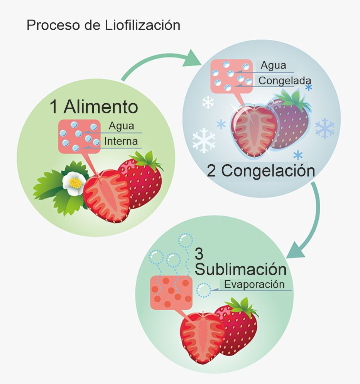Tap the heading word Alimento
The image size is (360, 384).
(x=101, y=106)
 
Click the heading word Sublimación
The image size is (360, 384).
(x=240, y=269)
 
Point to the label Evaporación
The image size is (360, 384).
(x=254, y=285)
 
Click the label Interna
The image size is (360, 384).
(x=121, y=141)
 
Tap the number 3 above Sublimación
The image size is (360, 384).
(x=199, y=254)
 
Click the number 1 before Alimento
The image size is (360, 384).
(x=54, y=107)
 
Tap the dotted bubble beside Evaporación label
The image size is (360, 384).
(x=204, y=290)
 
